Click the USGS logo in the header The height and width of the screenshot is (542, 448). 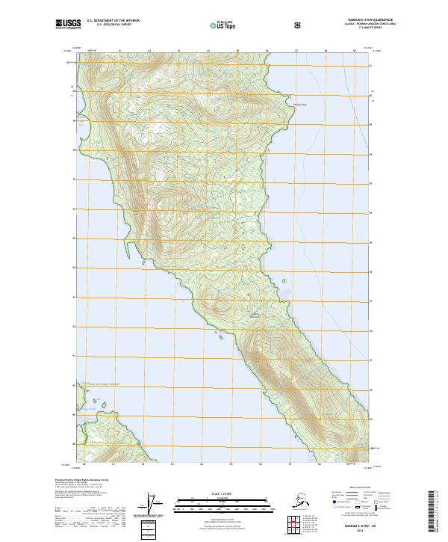coord(66,25)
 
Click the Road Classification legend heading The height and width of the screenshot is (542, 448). coord(354,487)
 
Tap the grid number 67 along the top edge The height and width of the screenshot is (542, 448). coord(296,52)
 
